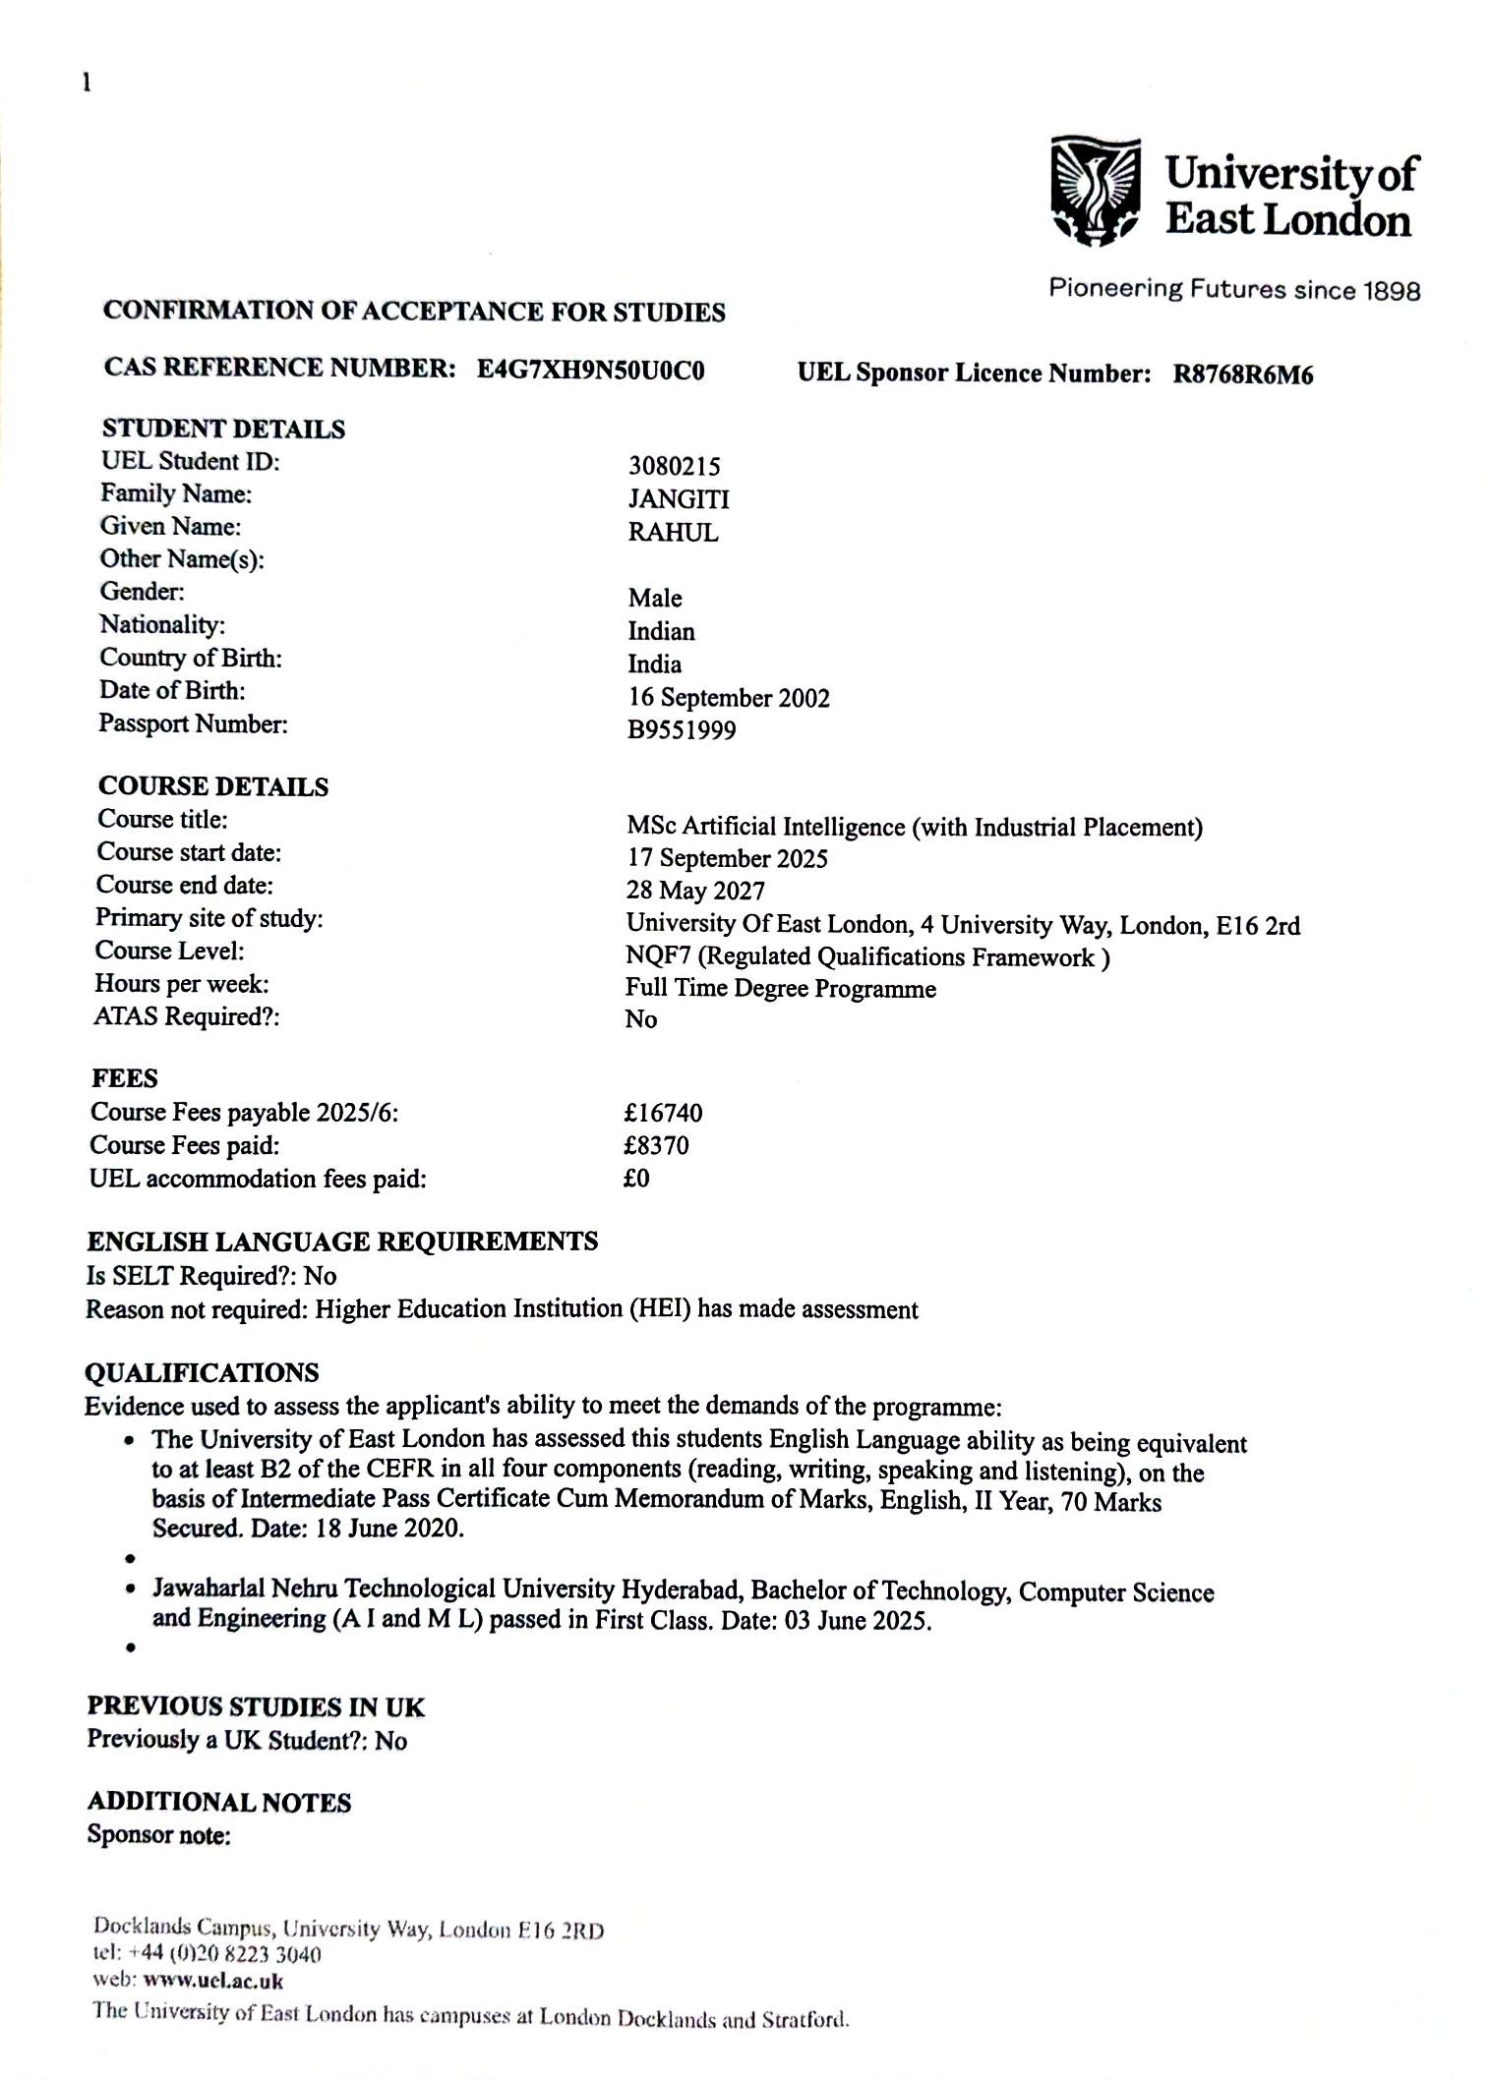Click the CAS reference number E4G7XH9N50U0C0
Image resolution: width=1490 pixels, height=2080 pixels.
[590, 371]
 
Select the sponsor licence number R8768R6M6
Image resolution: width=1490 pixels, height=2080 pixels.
[1242, 375]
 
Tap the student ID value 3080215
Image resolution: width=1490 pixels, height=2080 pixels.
[674, 466]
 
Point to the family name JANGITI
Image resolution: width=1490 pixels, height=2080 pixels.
[679, 499]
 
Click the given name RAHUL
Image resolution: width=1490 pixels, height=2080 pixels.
[673, 533]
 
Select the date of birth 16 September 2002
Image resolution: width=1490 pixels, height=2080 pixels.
[729, 698]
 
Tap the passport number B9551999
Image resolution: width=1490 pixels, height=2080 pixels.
[682, 730]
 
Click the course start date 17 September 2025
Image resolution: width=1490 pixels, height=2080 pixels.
[727, 859]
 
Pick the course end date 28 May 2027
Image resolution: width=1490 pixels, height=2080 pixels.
[695, 891]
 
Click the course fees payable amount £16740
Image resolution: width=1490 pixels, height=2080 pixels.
[663, 1113]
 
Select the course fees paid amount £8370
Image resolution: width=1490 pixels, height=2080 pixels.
[656, 1145]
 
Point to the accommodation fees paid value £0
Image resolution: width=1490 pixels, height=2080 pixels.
[636, 1178]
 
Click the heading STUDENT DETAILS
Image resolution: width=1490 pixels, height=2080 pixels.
[223, 430]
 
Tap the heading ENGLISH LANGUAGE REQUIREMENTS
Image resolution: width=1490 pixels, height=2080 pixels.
[342, 1242]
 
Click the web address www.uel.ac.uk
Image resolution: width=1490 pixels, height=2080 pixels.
[213, 1981]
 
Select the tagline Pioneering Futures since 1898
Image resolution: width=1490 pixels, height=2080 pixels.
[1234, 289]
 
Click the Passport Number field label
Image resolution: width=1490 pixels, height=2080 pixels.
[193, 724]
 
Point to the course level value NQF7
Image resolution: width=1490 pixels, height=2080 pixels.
[658, 956]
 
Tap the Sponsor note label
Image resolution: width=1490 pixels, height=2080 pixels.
[158, 1835]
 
